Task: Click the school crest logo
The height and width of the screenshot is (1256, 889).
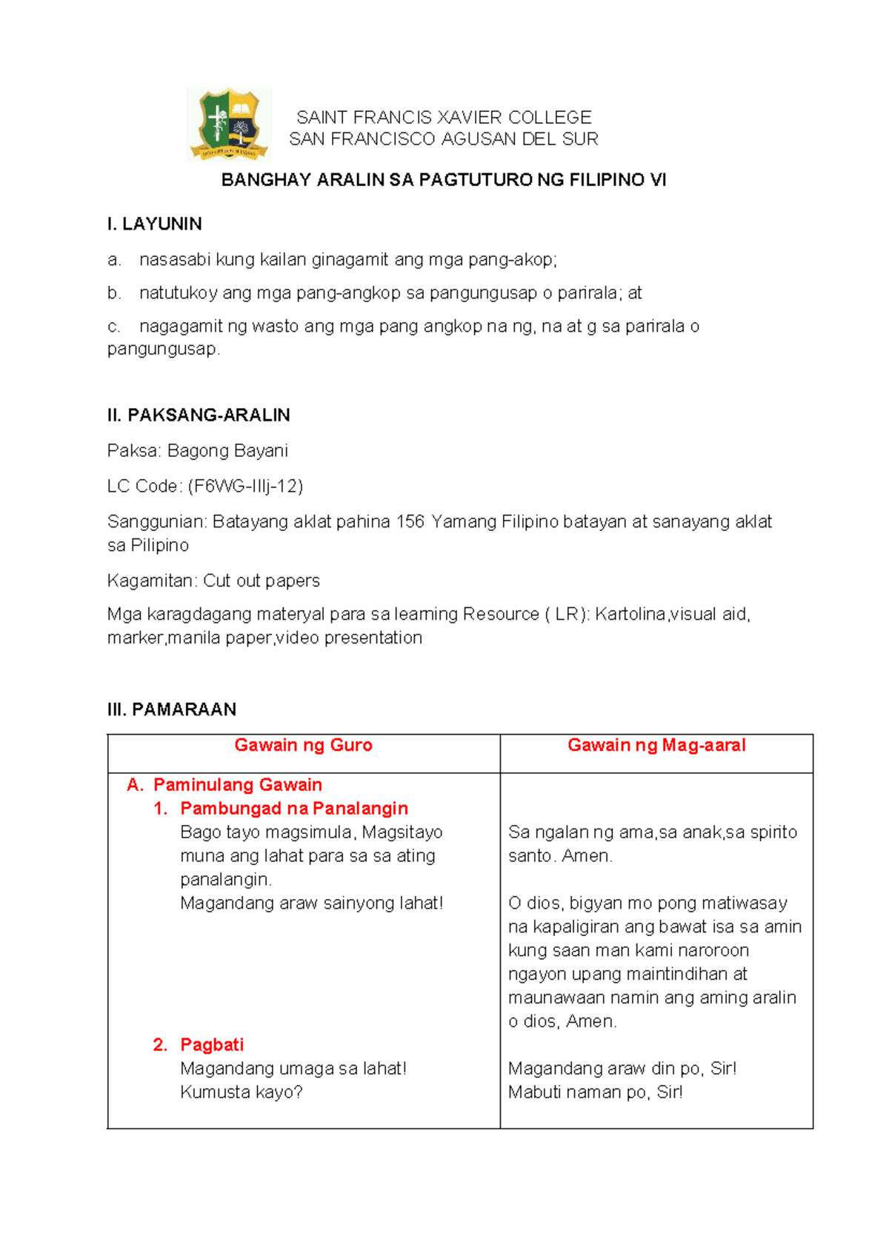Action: [228, 124]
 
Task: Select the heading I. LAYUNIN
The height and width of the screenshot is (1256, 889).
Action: [154, 224]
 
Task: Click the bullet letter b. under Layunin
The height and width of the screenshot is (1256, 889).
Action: [113, 293]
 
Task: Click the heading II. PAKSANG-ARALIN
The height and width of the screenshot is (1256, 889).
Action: [198, 415]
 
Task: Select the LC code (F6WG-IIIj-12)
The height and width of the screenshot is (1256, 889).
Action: [245, 486]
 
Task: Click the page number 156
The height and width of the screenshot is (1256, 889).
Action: [410, 522]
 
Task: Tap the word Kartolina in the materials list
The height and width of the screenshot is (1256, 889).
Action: [630, 614]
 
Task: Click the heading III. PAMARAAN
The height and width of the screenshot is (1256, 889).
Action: [171, 709]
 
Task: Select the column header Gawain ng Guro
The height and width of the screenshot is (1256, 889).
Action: [303, 745]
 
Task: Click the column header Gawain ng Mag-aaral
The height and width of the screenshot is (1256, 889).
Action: [656, 745]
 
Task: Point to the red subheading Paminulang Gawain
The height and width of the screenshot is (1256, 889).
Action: [237, 785]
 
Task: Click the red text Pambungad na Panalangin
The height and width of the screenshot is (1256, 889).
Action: [294, 809]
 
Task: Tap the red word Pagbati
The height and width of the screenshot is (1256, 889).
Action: [212, 1045]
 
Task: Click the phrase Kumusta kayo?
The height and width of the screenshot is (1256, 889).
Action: [242, 1092]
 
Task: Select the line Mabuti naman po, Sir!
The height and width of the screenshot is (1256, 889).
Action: [595, 1092]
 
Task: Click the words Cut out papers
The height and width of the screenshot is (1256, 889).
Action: [262, 581]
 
